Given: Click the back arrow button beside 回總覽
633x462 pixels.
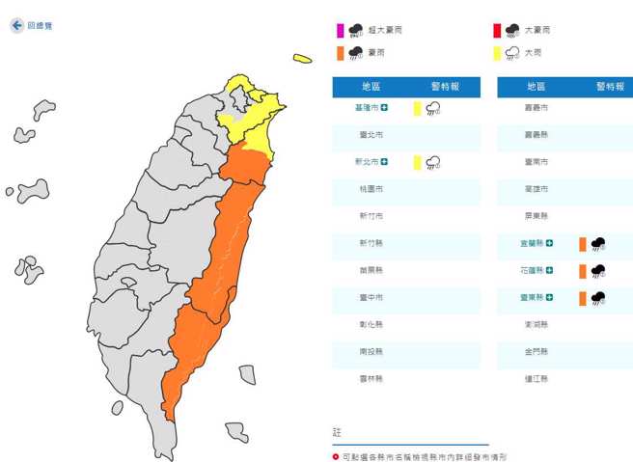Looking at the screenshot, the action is pyautogui.click(x=16, y=26).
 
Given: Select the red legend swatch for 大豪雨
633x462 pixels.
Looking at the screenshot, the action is pyautogui.click(x=497, y=30).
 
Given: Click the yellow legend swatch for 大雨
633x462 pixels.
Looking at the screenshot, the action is pyautogui.click(x=497, y=53).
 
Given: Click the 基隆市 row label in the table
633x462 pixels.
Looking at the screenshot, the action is pyautogui.click(x=368, y=109).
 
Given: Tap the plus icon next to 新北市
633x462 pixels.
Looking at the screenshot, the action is pyautogui.click(x=385, y=162).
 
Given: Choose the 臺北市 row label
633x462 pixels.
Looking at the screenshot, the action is pyautogui.click(x=372, y=135).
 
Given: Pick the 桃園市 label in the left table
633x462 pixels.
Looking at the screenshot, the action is pyautogui.click(x=372, y=189).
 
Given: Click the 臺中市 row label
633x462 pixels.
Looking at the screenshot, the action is pyautogui.click(x=372, y=297).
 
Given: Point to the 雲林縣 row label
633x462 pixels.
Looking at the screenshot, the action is pyautogui.click(x=372, y=378).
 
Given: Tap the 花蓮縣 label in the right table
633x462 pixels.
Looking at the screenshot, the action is pyautogui.click(x=532, y=271).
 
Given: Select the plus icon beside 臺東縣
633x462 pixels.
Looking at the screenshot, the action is pyautogui.click(x=549, y=298).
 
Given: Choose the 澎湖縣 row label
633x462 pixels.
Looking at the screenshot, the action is pyautogui.click(x=536, y=325).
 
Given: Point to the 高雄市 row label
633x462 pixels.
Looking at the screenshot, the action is pyautogui.click(x=536, y=189).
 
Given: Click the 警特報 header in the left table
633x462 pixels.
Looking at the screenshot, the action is pyautogui.click(x=444, y=87).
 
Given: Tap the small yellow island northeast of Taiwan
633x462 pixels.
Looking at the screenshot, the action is pyautogui.click(x=302, y=59).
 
